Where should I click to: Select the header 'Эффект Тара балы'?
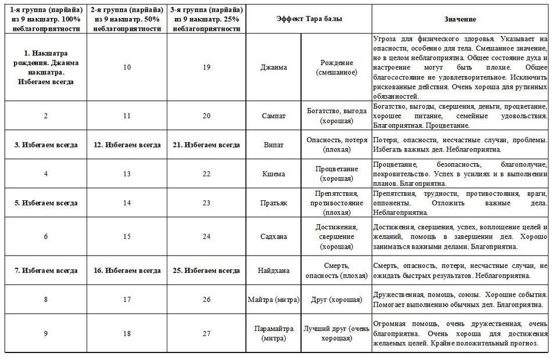click(x=309, y=19)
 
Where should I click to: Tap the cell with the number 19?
click(x=206, y=67)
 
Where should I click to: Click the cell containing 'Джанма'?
click(x=274, y=67)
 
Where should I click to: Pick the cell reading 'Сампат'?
click(x=274, y=116)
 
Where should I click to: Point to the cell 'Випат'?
click(x=274, y=145)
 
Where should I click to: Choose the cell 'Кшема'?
click(x=274, y=174)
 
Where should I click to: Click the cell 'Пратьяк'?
click(x=274, y=203)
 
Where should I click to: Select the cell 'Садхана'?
click(x=274, y=236)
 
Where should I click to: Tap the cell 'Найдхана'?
click(x=274, y=270)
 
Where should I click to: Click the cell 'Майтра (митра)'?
click(x=274, y=300)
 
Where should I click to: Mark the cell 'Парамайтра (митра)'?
click(x=274, y=333)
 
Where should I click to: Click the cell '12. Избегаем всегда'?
click(x=127, y=145)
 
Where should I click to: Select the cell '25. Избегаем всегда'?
click(x=206, y=270)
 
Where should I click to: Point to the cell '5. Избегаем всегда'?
click(x=46, y=203)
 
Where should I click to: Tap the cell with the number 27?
click(x=206, y=333)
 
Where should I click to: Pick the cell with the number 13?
click(x=127, y=174)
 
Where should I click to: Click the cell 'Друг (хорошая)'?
click(x=336, y=300)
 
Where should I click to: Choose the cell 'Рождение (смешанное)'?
click(x=336, y=67)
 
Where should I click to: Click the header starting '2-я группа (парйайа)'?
click(x=127, y=19)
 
